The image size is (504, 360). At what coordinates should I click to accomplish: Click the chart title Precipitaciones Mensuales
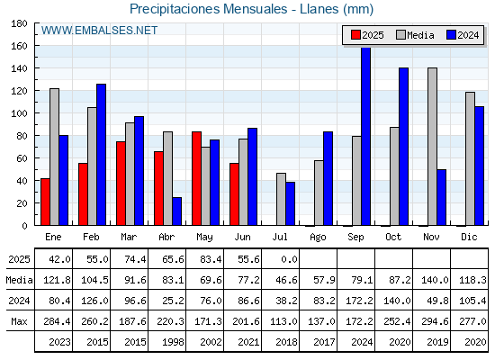[x=208, y=9]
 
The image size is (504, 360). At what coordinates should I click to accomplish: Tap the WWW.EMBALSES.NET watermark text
[x=99, y=31]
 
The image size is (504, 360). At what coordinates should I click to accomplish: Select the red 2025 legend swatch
[x=355, y=35]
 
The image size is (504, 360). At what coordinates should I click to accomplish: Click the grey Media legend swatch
[x=400, y=35]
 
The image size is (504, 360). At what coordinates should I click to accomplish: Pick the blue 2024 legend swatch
[x=451, y=35]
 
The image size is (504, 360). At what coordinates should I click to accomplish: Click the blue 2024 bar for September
[x=365, y=136]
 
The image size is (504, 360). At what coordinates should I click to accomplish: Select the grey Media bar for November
[x=432, y=147]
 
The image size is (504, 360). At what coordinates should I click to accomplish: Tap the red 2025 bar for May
[x=196, y=178]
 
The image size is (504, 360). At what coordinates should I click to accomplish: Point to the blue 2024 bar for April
[x=176, y=211]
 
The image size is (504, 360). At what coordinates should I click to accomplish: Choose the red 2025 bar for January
[x=45, y=202]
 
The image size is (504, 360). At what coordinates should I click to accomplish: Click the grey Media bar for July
[x=281, y=199]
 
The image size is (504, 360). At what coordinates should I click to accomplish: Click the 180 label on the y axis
[x=19, y=23]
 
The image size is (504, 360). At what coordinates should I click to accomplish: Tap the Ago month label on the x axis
[x=318, y=238]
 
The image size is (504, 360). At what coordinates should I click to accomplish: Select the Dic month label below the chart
[x=469, y=237]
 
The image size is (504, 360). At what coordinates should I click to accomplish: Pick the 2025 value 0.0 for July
[x=289, y=259]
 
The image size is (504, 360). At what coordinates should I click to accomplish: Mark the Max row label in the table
[x=19, y=321]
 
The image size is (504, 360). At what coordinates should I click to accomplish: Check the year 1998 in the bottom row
[x=173, y=342]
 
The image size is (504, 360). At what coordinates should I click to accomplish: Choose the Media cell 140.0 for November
[x=435, y=280]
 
